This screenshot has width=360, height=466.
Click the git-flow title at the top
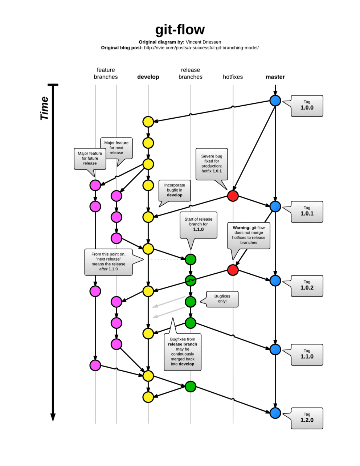point(180,30)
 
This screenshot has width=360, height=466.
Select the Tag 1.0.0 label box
point(307,106)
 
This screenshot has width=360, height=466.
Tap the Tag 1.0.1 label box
point(307,212)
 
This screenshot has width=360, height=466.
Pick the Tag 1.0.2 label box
point(307,286)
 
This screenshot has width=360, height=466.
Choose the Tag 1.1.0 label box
point(307,354)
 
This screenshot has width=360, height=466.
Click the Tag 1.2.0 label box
point(307,418)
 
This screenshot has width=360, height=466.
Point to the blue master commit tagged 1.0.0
point(275,101)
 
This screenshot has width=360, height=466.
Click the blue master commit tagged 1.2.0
point(275,413)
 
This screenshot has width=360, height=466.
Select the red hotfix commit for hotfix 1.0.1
point(233,196)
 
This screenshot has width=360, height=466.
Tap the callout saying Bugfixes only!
point(222,299)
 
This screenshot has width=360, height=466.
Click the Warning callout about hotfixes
point(249,235)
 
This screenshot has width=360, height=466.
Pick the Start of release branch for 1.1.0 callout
point(199,225)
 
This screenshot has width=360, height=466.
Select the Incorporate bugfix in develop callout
point(175,190)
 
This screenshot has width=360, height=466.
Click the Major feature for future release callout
point(90,159)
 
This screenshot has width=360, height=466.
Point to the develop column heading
point(148,77)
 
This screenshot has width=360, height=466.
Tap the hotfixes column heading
point(233,77)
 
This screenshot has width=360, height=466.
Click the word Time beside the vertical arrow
point(44,108)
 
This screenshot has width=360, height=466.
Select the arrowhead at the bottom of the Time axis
point(53,417)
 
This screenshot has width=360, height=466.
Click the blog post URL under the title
point(201,48)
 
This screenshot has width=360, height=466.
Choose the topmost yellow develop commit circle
point(148,122)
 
